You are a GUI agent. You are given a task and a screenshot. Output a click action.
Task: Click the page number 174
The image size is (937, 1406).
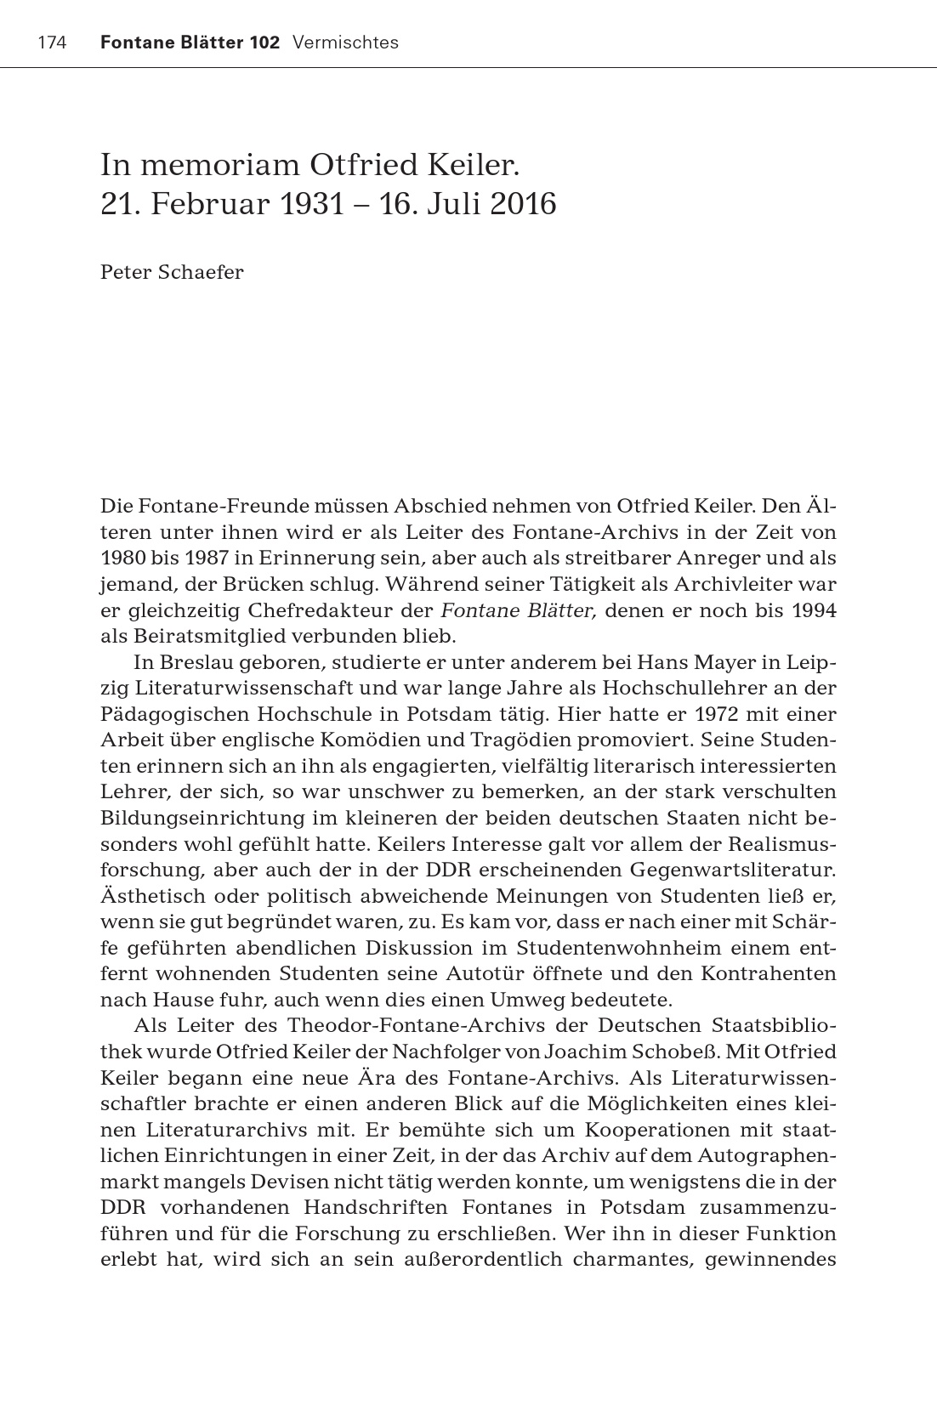(52, 43)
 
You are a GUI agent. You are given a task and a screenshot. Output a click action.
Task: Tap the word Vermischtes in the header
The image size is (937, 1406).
(345, 43)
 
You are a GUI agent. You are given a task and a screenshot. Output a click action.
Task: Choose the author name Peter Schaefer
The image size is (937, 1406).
(172, 272)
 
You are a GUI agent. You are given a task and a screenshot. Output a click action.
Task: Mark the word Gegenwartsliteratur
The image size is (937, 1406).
(732, 870)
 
